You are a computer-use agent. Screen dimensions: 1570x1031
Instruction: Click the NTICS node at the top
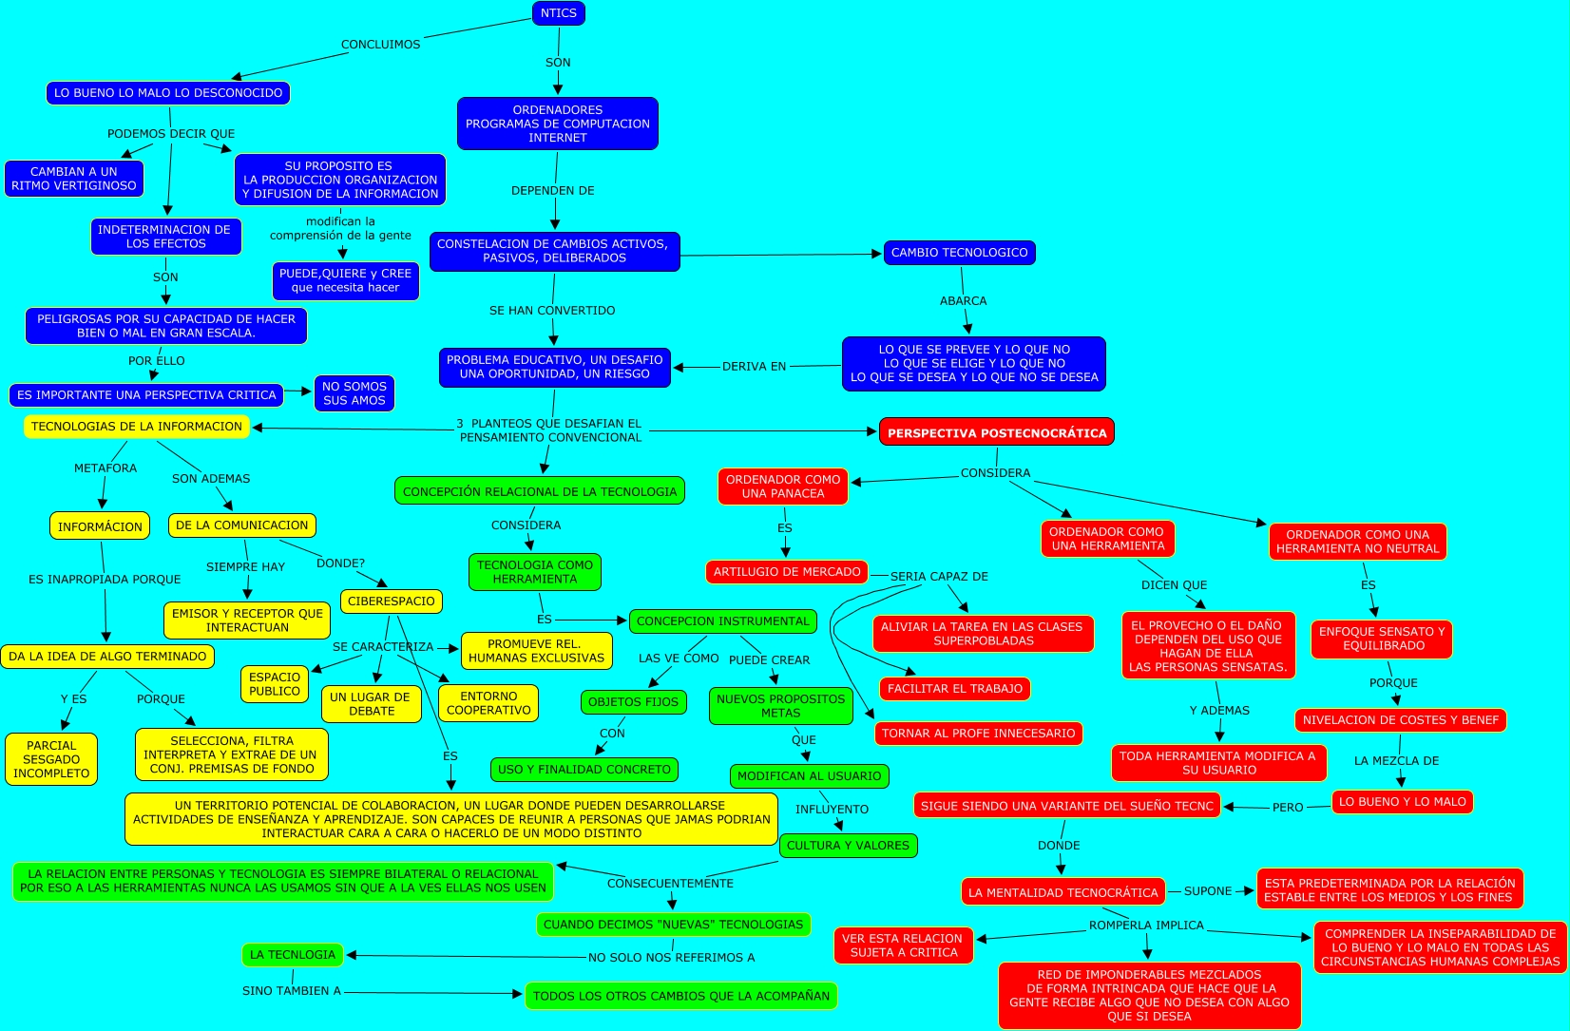(558, 13)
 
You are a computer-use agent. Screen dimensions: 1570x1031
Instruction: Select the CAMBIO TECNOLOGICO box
(959, 253)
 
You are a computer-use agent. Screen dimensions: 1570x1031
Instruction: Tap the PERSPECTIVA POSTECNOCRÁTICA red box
(996, 432)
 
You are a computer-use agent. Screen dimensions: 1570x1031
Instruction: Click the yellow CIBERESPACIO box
(392, 601)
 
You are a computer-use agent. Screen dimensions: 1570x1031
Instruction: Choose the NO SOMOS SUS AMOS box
(354, 393)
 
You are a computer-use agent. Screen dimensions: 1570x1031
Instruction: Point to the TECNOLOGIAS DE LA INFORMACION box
(137, 427)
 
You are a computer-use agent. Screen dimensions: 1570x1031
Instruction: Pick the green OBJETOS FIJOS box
(633, 702)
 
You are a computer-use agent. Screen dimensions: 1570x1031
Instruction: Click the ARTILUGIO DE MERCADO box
(787, 572)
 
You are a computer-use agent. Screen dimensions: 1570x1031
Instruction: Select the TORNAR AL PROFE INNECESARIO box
(978, 734)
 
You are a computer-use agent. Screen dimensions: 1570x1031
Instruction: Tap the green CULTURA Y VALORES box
(848, 846)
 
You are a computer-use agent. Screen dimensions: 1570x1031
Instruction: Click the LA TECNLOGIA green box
(292, 955)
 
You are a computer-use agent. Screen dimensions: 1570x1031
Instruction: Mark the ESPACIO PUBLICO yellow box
(275, 684)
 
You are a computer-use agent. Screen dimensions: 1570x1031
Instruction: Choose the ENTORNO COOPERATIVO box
(488, 703)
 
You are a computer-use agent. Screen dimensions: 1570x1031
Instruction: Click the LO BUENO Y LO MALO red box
(1402, 802)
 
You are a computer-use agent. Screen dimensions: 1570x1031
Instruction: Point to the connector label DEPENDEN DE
(553, 191)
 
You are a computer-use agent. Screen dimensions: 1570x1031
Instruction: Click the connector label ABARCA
(963, 301)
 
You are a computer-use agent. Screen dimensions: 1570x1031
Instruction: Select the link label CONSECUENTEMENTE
(670, 884)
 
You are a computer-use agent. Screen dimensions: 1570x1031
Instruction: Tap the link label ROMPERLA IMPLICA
(1146, 926)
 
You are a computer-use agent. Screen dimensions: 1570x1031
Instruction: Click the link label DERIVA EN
(754, 367)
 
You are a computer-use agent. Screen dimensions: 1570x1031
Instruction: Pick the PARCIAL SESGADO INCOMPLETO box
(51, 759)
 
